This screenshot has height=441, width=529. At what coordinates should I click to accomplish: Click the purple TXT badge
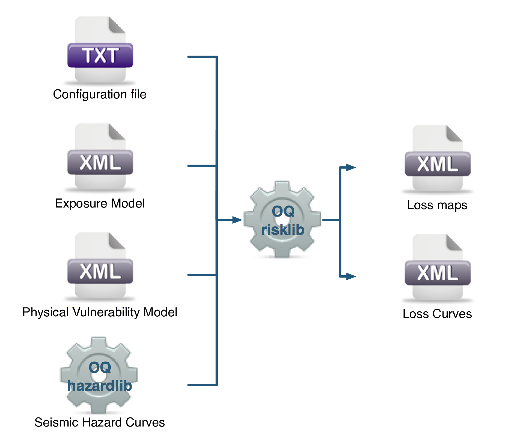(x=100, y=55)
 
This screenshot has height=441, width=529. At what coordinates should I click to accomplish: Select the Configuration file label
(x=100, y=94)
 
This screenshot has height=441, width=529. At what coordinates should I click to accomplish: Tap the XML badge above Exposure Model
(x=100, y=162)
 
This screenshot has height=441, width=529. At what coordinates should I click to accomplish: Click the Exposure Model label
(x=100, y=203)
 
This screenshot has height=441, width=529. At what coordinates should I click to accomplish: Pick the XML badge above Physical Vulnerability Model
(x=100, y=271)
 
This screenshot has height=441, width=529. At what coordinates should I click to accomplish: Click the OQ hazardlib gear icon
(x=99, y=375)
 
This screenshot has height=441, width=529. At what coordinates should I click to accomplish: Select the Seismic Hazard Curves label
(x=100, y=422)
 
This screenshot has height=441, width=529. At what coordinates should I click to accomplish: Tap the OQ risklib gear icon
(x=282, y=219)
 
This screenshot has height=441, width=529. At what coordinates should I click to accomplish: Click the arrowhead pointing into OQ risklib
(x=237, y=220)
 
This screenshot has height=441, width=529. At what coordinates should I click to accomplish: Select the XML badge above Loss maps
(x=438, y=164)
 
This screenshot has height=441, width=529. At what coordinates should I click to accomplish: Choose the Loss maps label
(x=437, y=205)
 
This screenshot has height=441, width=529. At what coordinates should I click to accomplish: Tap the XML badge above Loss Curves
(x=438, y=273)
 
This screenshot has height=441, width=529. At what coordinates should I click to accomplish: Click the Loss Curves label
(x=437, y=314)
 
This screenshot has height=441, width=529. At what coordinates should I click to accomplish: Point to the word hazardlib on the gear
(x=100, y=386)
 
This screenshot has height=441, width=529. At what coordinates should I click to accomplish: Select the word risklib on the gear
(x=283, y=230)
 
